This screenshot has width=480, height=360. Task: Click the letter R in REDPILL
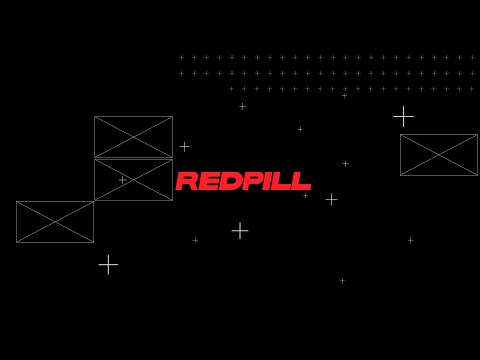187,182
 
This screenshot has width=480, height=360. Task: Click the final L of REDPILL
301,182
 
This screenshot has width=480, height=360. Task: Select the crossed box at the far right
439,155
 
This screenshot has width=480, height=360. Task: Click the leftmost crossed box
55,222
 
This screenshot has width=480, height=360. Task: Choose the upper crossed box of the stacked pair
133,137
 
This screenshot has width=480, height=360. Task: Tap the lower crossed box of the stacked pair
133,180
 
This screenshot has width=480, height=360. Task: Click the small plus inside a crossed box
122,180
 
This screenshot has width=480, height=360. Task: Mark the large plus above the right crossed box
403,117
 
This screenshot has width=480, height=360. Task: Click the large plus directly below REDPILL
240,231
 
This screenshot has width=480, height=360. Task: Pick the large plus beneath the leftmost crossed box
108,265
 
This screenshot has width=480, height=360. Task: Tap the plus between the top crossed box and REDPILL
184,147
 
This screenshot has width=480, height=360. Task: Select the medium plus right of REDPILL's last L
331,199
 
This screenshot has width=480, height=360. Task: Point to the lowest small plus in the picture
342,280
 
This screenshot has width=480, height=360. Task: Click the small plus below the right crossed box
410,240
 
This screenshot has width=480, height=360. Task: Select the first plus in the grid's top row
181,57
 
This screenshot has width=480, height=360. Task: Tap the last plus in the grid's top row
472,57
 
